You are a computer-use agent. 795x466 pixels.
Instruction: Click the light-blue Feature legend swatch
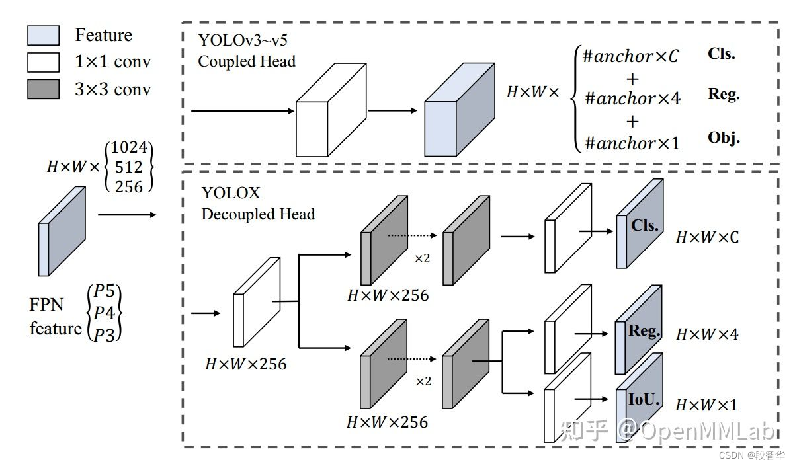[43, 36]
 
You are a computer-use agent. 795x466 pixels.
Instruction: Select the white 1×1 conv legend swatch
[43, 62]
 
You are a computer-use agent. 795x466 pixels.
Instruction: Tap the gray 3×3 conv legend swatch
[43, 89]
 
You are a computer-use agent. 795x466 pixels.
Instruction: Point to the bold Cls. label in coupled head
[721, 54]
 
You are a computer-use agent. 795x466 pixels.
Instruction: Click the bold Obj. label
[724, 138]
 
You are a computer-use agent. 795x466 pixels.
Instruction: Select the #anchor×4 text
[633, 99]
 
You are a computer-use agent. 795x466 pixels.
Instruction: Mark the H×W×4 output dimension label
[706, 335]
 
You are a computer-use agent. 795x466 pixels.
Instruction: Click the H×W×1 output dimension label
[706, 405]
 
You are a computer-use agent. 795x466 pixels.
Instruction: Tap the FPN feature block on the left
[62, 231]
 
